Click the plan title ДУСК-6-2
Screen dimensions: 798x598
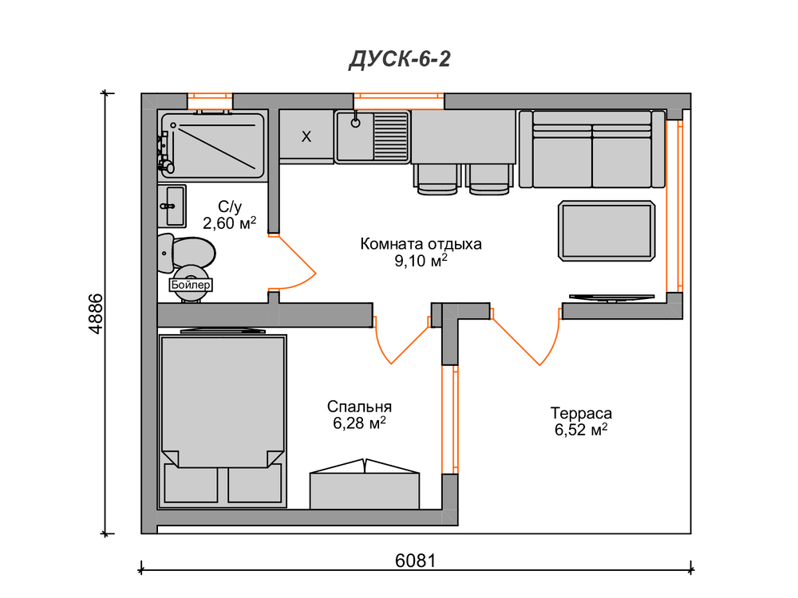tap(400, 60)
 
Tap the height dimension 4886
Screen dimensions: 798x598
tap(95, 313)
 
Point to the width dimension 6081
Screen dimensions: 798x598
tap(415, 561)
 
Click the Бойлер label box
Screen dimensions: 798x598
tap(191, 285)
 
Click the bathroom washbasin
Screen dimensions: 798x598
tap(172, 206)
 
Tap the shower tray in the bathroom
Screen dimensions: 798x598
tap(213, 145)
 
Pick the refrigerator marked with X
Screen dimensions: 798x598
tap(306, 136)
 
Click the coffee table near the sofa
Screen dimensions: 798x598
tap(606, 231)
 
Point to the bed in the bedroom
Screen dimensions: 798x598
tap(223, 421)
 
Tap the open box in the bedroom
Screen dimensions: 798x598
tap(365, 484)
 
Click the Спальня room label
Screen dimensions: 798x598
tap(359, 407)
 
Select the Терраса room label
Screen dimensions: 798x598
tap(581, 413)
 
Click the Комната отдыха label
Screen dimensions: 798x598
tap(421, 243)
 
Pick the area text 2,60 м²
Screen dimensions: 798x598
tap(230, 222)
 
